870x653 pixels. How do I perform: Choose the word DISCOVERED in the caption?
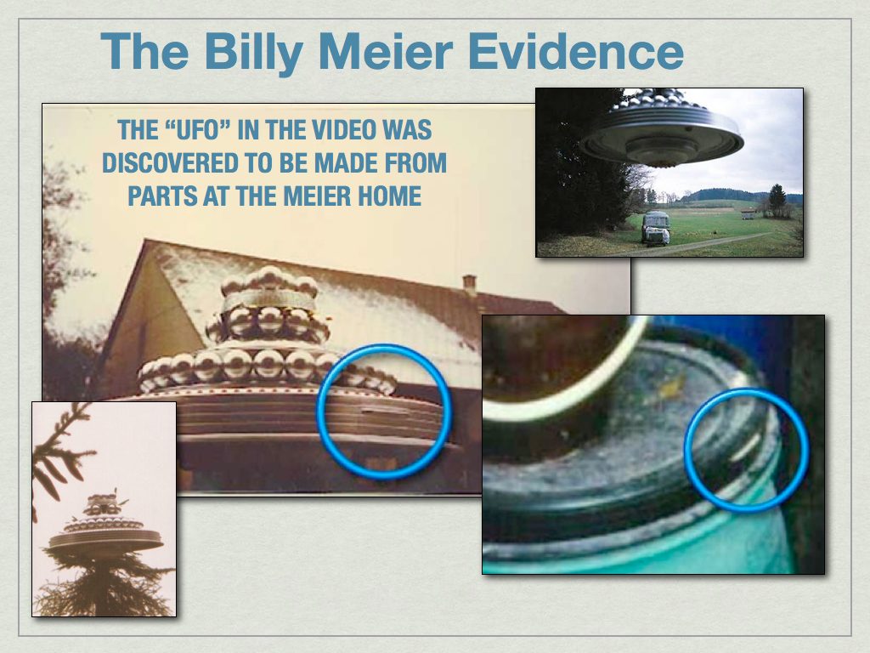point(170,163)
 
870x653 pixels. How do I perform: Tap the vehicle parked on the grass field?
point(656,228)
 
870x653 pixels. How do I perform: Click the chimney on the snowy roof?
point(470,282)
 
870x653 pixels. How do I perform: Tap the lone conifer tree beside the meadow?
point(777,200)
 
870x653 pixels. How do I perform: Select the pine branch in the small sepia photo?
point(59,451)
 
